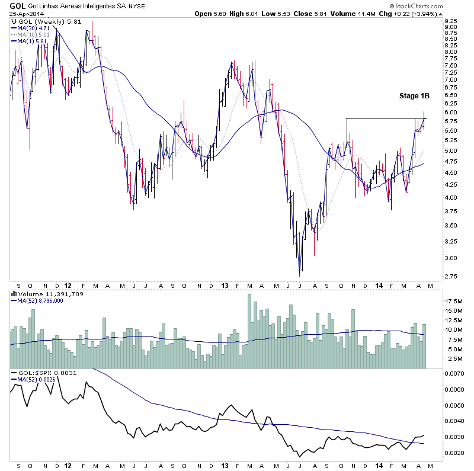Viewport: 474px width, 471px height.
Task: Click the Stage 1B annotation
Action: tap(414, 95)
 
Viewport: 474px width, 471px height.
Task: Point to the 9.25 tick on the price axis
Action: tap(451, 20)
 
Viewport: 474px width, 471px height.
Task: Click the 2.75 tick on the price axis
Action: tap(451, 276)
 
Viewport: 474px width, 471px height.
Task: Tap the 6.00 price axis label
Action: tap(451, 112)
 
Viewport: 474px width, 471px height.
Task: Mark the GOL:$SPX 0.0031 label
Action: tap(43, 373)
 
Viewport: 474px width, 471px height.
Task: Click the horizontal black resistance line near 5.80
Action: tap(385, 118)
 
